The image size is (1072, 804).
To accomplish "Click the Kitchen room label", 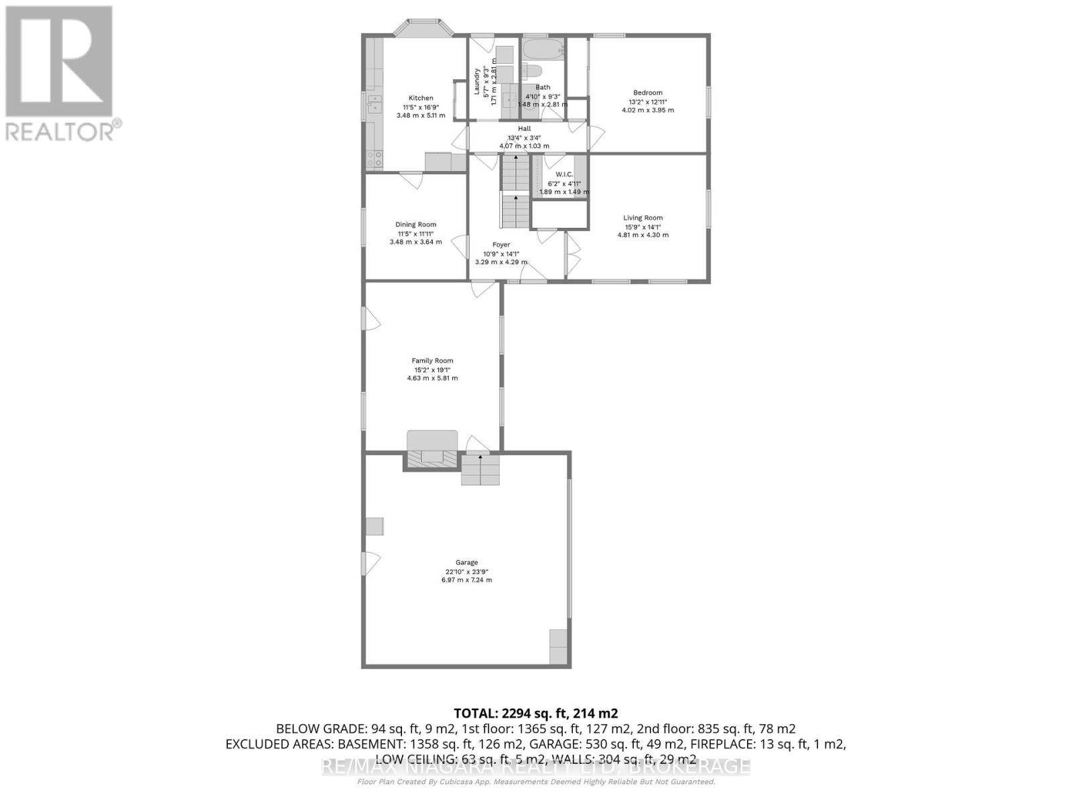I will pos(421,98).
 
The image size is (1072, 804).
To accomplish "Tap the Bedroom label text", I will pos(647,92).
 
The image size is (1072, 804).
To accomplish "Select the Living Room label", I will pos(643,218).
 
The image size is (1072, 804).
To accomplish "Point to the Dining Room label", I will pos(415,224).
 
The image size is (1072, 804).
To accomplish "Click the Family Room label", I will pos(432,360).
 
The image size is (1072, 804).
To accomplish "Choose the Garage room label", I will pos(466,563).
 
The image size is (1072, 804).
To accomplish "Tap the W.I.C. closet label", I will pos(564,174).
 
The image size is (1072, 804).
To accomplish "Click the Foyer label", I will pos(500,245).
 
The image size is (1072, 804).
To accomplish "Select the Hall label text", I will pos(524,129).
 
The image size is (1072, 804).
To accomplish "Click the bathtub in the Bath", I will pos(543,50).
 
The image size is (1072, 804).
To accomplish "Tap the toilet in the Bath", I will pos(533,71).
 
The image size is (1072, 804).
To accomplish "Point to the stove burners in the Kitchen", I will pos(374,159).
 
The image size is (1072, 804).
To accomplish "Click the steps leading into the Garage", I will pos(480,469).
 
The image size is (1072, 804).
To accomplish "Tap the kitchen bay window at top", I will pos(422,28).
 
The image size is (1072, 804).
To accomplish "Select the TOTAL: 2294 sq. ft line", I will pos(535,713).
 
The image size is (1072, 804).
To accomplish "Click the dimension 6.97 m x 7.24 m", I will pos(466,580).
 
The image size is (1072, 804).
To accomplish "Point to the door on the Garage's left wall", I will pos(369,562).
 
